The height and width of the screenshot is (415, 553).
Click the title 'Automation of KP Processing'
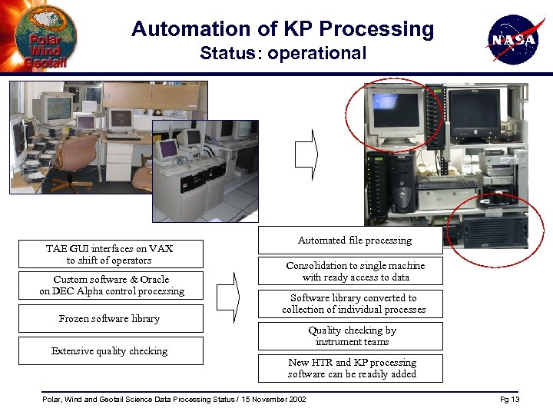point(283,29)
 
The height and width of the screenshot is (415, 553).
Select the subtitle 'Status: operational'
point(283,53)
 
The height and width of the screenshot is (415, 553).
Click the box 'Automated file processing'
point(350,241)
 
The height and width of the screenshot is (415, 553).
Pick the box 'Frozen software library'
point(110,318)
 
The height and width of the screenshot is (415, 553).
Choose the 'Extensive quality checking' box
point(110,350)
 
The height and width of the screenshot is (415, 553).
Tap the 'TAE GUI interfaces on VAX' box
point(110,254)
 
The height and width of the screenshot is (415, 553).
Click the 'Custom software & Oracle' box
point(111,285)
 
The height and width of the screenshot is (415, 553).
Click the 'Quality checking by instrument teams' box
point(350,336)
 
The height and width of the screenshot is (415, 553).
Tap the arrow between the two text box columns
point(228,295)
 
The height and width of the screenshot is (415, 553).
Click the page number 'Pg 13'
point(510,400)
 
